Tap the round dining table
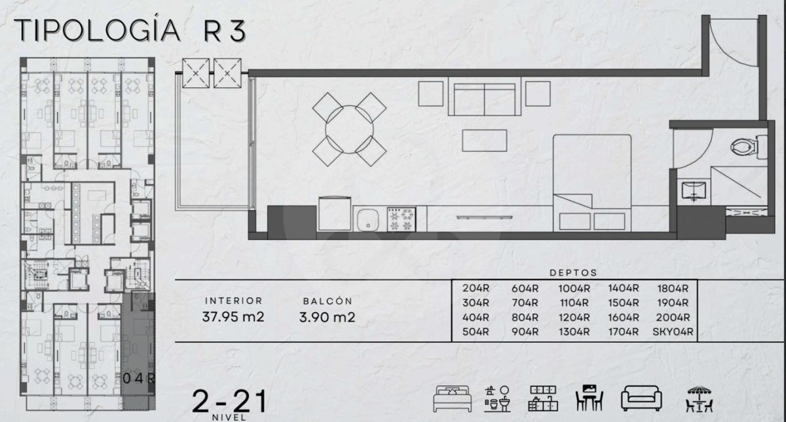click(x=349, y=130)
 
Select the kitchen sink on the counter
click(x=367, y=220)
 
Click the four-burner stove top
click(x=401, y=220)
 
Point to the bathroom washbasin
click(x=694, y=191)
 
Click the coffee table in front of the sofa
click(x=484, y=141)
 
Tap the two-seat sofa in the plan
click(x=485, y=99)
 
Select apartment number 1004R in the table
click(x=574, y=289)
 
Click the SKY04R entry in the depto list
click(x=673, y=332)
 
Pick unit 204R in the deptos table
click(x=476, y=288)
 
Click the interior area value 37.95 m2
click(x=233, y=317)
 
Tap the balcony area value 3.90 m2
click(x=327, y=317)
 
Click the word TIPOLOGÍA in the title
click(x=97, y=30)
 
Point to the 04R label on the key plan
click(x=139, y=378)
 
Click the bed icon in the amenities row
click(x=453, y=398)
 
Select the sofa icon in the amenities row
click(x=641, y=398)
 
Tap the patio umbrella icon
click(x=699, y=398)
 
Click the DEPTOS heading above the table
click(x=573, y=273)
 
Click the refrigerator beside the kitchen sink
click(x=335, y=213)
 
